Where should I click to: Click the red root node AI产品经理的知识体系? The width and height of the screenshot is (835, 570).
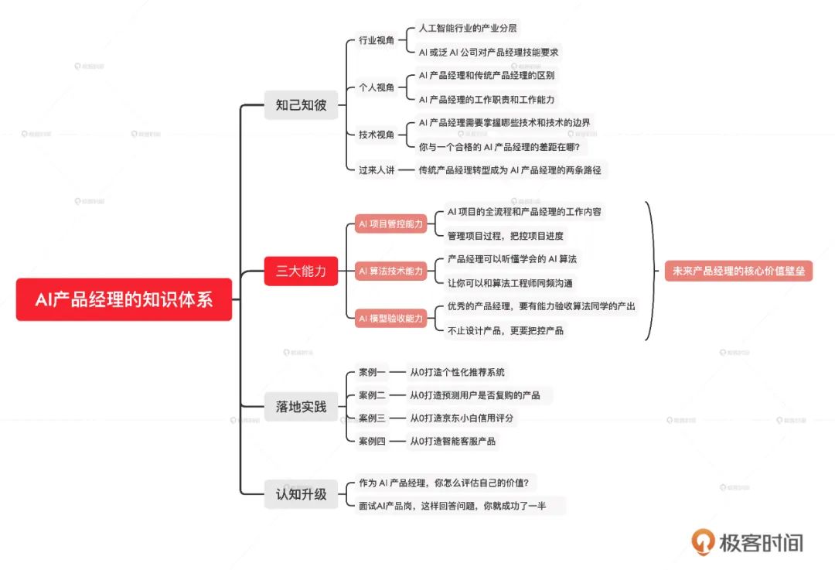tap(124, 299)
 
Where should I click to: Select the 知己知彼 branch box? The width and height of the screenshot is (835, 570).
tap(301, 105)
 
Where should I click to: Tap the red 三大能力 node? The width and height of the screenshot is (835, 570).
tap(301, 271)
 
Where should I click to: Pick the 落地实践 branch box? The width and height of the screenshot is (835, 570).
tap(301, 407)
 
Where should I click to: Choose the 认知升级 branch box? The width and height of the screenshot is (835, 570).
tap(301, 494)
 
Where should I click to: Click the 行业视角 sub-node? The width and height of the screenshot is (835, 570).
tap(377, 40)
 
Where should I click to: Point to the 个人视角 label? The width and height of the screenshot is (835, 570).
tap(377, 87)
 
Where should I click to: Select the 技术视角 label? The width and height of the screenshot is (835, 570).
tap(377, 135)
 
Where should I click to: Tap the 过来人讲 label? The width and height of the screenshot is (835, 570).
tap(377, 170)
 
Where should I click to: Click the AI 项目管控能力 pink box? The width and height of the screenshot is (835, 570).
tap(391, 224)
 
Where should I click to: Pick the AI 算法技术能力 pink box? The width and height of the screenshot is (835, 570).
tap(391, 271)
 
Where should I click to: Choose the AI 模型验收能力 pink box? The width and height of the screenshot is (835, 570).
tap(391, 319)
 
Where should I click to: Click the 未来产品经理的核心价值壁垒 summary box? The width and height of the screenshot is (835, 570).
tap(738, 271)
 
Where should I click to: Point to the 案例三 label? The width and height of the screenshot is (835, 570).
tap(372, 418)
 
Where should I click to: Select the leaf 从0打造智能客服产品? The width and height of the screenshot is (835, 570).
tap(452, 441)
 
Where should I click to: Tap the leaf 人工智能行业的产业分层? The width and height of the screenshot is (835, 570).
tap(468, 29)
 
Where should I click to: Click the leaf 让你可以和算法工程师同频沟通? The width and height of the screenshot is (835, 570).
tap(510, 283)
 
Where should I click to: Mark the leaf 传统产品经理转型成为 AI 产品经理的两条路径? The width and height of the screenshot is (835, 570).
tap(510, 170)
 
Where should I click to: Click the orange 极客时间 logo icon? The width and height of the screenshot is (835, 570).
tap(703, 541)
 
